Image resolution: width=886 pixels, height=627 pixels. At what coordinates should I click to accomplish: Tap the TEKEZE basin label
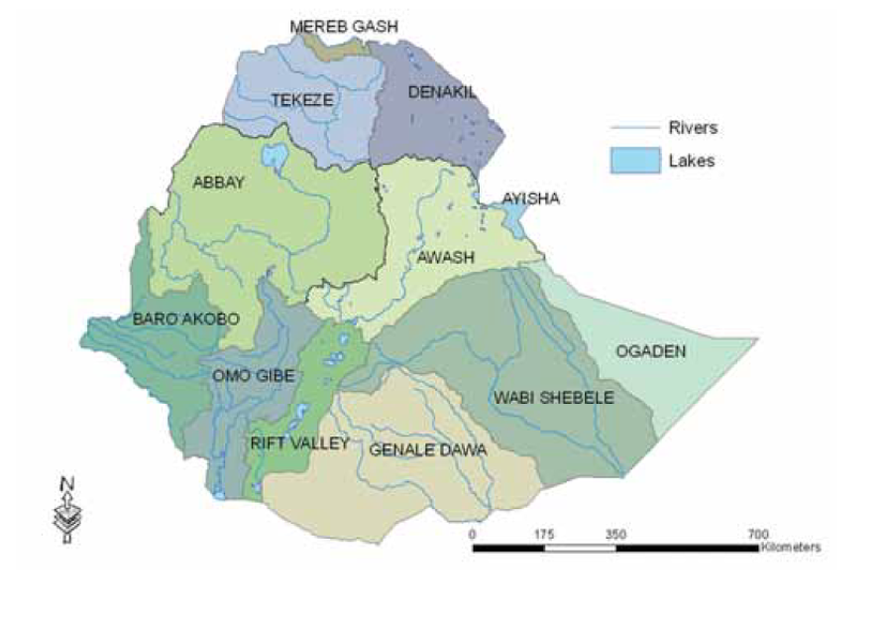(x=302, y=99)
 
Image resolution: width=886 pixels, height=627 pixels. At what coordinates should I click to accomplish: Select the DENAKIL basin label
(x=443, y=93)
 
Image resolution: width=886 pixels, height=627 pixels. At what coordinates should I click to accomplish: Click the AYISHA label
(x=530, y=198)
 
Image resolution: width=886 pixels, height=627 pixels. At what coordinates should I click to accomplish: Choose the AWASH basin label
(x=445, y=258)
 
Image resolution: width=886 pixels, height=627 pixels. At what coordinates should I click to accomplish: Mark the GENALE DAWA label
(x=427, y=449)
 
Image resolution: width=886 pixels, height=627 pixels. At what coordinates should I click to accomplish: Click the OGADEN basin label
(x=651, y=351)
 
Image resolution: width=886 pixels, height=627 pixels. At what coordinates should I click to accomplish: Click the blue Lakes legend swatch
(x=635, y=160)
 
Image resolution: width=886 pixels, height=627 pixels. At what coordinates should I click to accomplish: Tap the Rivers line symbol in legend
(x=634, y=128)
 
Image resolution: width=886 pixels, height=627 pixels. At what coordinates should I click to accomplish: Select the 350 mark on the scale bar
(x=615, y=534)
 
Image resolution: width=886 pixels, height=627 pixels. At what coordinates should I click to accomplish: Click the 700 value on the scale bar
(x=759, y=534)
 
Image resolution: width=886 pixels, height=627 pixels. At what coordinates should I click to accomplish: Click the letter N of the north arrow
(x=67, y=484)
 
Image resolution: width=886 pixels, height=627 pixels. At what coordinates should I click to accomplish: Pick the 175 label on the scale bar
(x=544, y=534)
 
